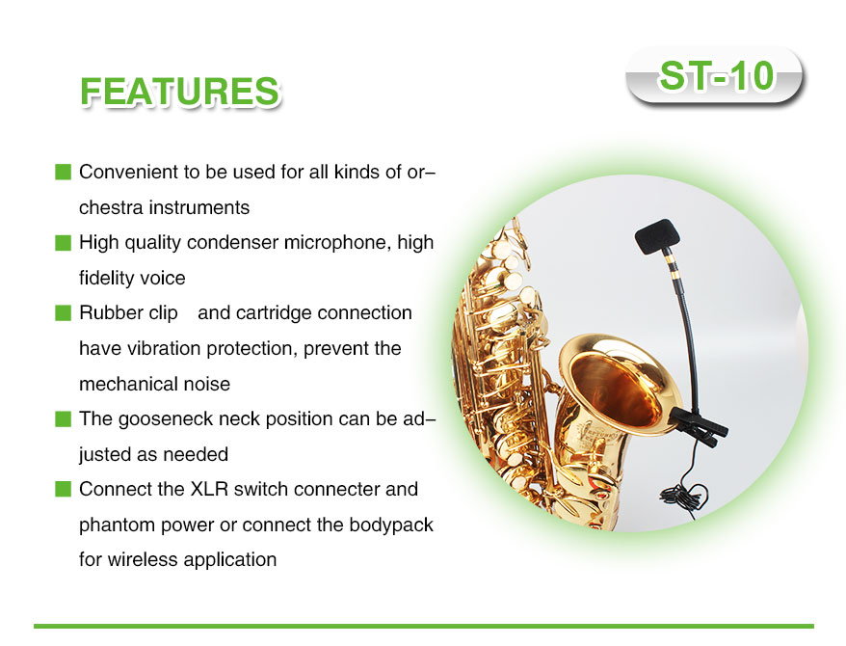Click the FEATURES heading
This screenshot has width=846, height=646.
click(179, 92)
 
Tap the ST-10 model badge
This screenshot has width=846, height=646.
click(715, 75)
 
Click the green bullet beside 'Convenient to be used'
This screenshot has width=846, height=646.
click(64, 173)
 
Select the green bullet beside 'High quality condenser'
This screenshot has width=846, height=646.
click(64, 243)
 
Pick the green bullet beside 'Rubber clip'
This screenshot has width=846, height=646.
click(64, 313)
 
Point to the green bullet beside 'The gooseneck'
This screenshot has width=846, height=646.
click(64, 418)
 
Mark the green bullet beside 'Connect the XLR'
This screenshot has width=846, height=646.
click(64, 489)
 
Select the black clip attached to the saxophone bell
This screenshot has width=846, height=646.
click(698, 426)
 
